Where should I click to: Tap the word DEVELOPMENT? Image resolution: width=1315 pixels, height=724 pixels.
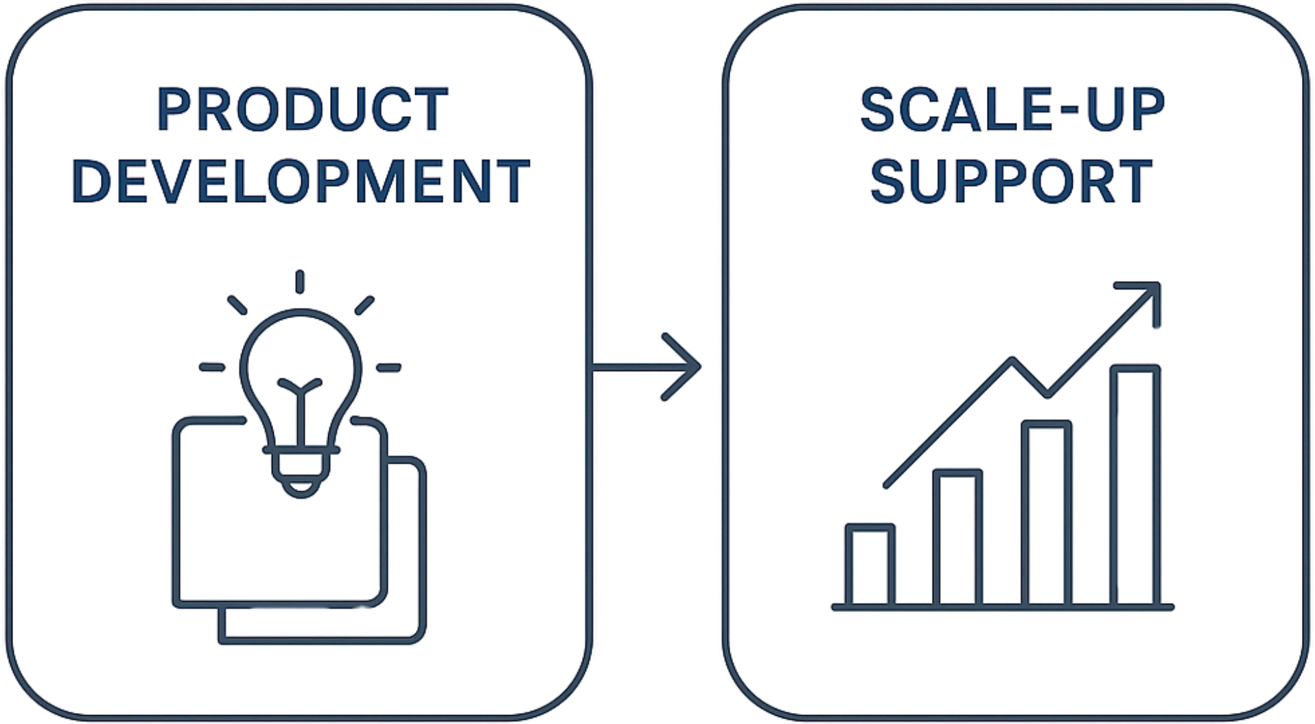pos(301,181)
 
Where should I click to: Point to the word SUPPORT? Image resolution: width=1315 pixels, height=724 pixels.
pos(1011,181)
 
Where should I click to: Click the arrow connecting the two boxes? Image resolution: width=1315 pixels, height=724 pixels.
pos(646,367)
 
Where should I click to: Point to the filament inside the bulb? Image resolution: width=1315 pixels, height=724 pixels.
pos(300,412)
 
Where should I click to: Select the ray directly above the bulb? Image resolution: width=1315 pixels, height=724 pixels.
pos(300,282)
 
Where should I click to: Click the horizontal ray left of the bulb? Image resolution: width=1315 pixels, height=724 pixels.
pos(212,367)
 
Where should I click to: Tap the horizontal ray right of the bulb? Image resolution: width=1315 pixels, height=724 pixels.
pos(388,368)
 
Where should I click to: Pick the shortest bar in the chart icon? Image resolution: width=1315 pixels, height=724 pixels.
pos(870,565)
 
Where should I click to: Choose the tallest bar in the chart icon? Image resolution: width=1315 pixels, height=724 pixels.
pos(1135,485)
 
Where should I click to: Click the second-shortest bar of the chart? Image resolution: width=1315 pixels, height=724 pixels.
pos(957,537)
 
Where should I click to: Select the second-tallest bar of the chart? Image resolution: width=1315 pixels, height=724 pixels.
pos(1047,512)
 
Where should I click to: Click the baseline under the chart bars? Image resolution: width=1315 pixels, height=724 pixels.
pos(1003,607)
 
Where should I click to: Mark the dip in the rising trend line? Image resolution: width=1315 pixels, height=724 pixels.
pos(1047,394)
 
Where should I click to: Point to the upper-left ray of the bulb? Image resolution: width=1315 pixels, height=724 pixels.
pos(237,305)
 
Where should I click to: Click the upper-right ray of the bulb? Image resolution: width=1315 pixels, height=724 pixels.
pos(364,305)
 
